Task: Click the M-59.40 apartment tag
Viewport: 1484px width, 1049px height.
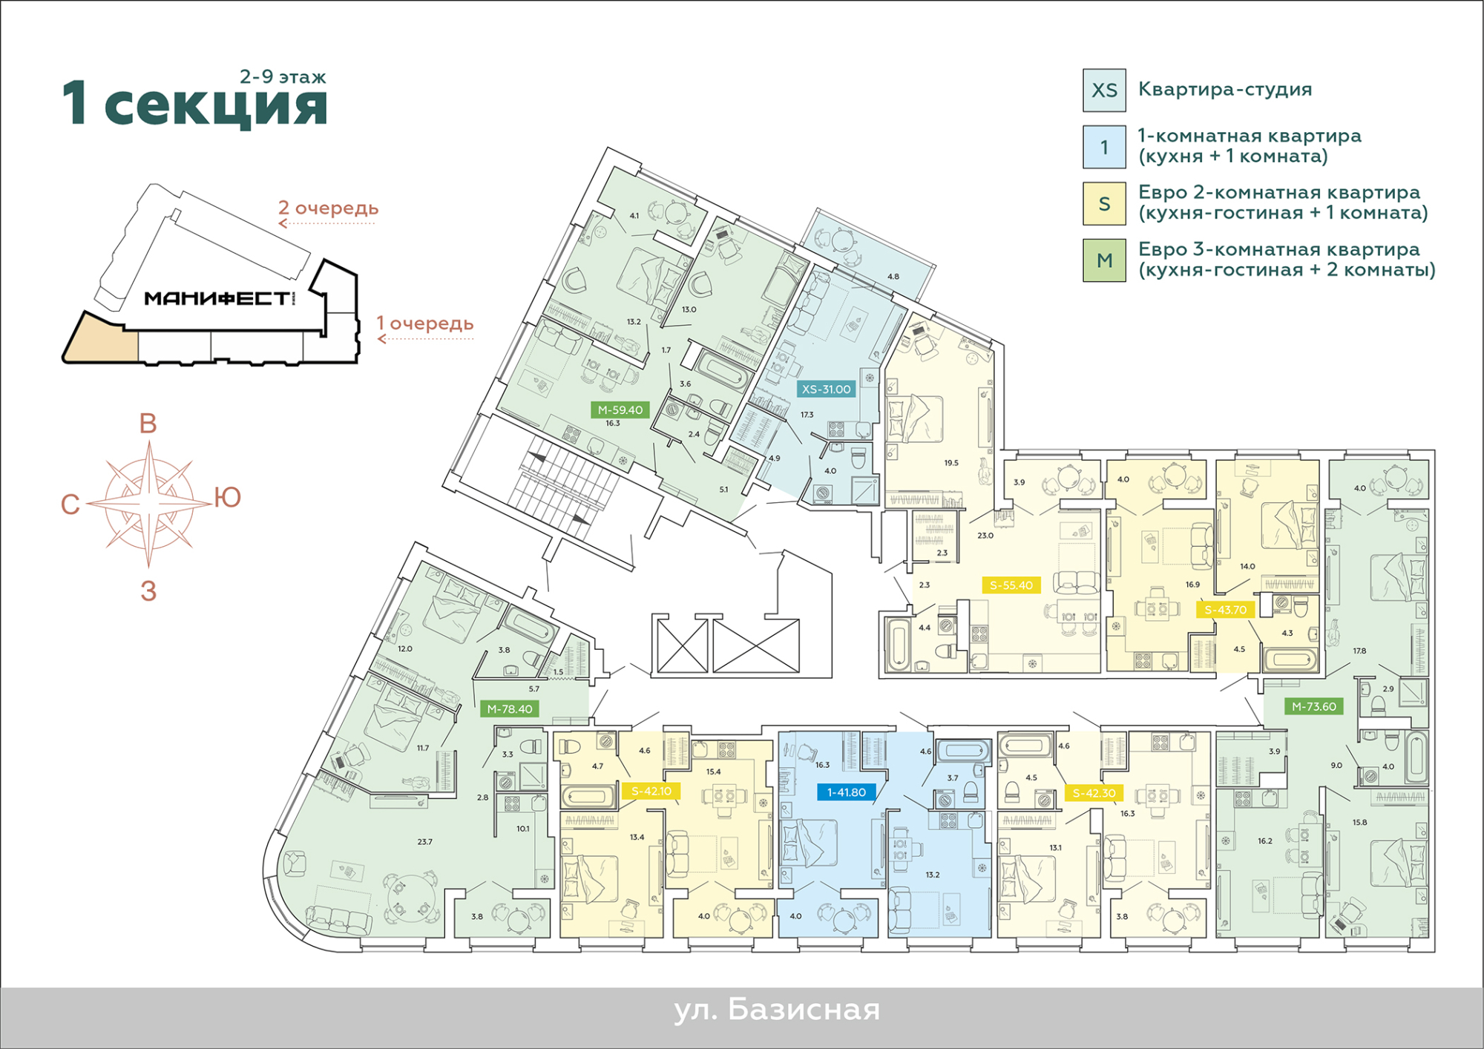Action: (x=620, y=410)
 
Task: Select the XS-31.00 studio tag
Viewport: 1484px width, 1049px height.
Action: (x=826, y=389)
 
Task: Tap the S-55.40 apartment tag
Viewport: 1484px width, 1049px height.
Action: (x=1011, y=585)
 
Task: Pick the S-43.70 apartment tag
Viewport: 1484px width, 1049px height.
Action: (x=1225, y=610)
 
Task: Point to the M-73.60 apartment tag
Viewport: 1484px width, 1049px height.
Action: (x=1313, y=706)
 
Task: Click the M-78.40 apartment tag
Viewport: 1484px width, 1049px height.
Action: (x=510, y=709)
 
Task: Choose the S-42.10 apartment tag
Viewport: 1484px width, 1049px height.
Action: (x=651, y=791)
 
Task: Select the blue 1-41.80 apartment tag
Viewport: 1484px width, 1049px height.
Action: (x=846, y=792)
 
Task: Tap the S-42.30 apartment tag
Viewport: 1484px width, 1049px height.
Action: (x=1094, y=793)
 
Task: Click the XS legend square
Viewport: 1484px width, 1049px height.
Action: (x=1104, y=91)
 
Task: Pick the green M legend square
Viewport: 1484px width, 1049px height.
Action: (x=1104, y=260)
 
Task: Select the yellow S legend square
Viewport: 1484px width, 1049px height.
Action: (x=1104, y=203)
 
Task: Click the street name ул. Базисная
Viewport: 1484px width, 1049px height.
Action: (x=777, y=1010)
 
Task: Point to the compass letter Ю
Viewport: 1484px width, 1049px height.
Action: (x=228, y=497)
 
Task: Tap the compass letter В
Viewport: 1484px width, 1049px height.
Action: (x=148, y=424)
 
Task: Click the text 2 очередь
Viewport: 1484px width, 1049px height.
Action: (x=328, y=208)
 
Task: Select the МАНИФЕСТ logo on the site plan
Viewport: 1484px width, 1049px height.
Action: (x=217, y=298)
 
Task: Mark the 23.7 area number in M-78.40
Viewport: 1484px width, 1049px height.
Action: (x=424, y=842)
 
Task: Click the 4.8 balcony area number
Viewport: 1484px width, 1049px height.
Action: (x=893, y=277)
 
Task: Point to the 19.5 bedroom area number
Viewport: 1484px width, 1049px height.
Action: (x=951, y=463)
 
